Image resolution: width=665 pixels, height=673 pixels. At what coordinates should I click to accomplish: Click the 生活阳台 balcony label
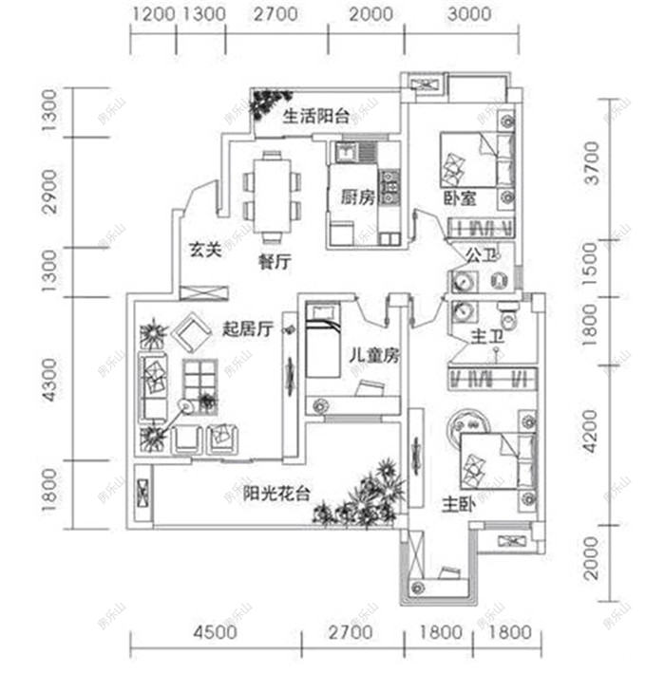tap(316, 117)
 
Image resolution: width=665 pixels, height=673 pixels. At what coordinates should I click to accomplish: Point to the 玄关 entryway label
tap(203, 250)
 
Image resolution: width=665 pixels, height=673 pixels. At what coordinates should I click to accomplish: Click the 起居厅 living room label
tap(248, 329)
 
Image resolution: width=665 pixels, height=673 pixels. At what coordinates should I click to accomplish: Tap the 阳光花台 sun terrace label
tap(275, 494)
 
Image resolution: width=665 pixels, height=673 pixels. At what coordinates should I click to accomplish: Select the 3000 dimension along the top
tap(468, 14)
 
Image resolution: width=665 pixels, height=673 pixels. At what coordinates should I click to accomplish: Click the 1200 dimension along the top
tap(153, 14)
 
